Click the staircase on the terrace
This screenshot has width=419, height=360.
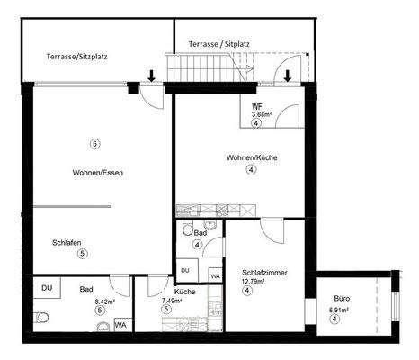[x=213, y=66]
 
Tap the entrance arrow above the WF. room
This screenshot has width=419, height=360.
[x=287, y=76]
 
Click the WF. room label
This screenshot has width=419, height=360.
[x=257, y=105]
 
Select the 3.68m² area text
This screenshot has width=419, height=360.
[x=261, y=114]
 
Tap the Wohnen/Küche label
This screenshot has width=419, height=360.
[x=252, y=158]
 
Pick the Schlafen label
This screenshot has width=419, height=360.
[x=68, y=242]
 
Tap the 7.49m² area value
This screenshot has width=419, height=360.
[x=171, y=301]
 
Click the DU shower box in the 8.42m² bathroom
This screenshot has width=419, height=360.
[x=47, y=288]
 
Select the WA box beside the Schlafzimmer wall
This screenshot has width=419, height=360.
[x=215, y=275]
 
